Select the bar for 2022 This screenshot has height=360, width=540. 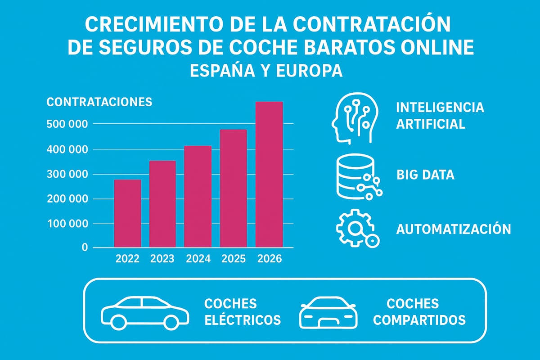pyautogui.click(x=127, y=213)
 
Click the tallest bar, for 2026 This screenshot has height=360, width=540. pyautogui.click(x=269, y=175)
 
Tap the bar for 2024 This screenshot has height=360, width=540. pyautogui.click(x=198, y=196)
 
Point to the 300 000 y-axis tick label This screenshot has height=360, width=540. pyautogui.click(x=67, y=174)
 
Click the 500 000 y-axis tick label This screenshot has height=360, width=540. pyautogui.click(x=67, y=124)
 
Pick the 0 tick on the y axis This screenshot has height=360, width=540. pyautogui.click(x=85, y=248)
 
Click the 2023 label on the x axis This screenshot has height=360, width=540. pyautogui.click(x=162, y=259)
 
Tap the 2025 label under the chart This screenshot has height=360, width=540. pyautogui.click(x=233, y=259)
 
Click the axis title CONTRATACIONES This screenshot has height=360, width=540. pyautogui.click(x=99, y=102)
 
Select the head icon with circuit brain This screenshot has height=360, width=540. pyautogui.click(x=354, y=118)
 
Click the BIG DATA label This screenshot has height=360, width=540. pyautogui.click(x=425, y=175)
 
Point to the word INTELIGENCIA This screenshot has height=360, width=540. pyautogui.click(x=440, y=108)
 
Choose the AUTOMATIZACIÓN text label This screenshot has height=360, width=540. pyautogui.click(x=453, y=229)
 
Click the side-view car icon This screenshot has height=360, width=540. pyautogui.click(x=145, y=312)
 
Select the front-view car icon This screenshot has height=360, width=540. pyautogui.click(x=328, y=312)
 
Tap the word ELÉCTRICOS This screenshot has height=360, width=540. pyautogui.click(x=242, y=320)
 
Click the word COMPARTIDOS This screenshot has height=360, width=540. pyautogui.click(x=420, y=320)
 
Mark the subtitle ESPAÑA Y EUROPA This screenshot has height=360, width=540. pyautogui.click(x=266, y=71)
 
